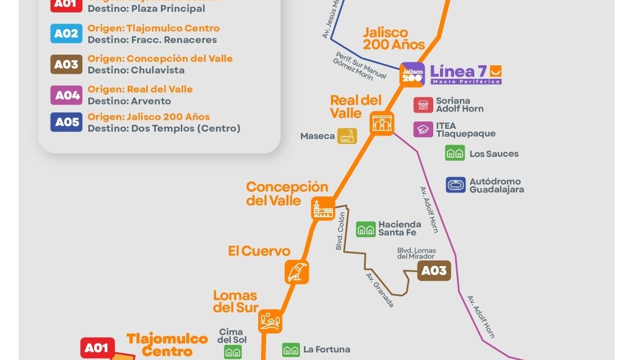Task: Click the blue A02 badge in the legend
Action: [66, 34]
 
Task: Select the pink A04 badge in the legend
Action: [66, 95]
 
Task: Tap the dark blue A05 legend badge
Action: [66, 122]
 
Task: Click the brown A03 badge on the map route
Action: [434, 271]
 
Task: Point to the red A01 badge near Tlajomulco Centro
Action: [97, 348]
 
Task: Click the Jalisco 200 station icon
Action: [412, 74]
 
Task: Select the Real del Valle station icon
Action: [382, 123]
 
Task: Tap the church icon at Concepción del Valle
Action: [323, 209]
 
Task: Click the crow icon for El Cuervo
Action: [297, 272]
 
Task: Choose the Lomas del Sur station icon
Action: [271, 321]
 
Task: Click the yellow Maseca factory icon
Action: [347, 136]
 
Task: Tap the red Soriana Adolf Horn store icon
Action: [423, 105]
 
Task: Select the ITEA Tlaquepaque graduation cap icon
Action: [423, 129]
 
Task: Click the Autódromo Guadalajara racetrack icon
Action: [456, 185]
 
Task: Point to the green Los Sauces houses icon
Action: [455, 153]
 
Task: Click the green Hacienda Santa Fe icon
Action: [366, 229]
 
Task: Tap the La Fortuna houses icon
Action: [291, 350]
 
